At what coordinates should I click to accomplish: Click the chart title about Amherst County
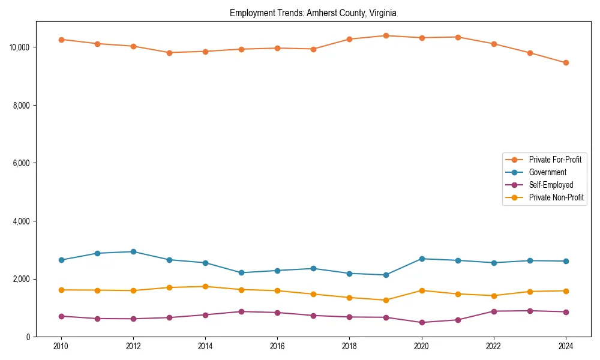(313, 13)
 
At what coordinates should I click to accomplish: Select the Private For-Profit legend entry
(555, 160)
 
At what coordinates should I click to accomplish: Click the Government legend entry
(547, 172)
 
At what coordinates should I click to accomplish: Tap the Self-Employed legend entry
(551, 185)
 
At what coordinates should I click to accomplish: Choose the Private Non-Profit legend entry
(556, 197)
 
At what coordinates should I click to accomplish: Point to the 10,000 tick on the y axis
(22, 47)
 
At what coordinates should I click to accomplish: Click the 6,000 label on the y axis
(23, 163)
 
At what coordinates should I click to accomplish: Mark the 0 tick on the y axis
(28, 337)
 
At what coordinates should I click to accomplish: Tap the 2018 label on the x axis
(349, 346)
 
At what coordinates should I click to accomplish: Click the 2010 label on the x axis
(61, 346)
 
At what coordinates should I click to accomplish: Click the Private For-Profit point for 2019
(386, 35)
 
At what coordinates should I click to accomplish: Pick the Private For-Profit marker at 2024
(566, 62)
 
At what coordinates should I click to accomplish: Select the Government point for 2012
(133, 251)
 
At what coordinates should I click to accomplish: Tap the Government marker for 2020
(422, 259)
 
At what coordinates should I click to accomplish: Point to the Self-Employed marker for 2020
(422, 322)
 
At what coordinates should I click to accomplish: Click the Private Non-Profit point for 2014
(205, 286)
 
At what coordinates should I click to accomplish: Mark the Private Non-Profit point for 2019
(386, 300)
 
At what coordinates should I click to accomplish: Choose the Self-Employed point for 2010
(61, 316)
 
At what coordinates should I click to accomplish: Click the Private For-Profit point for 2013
(169, 53)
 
